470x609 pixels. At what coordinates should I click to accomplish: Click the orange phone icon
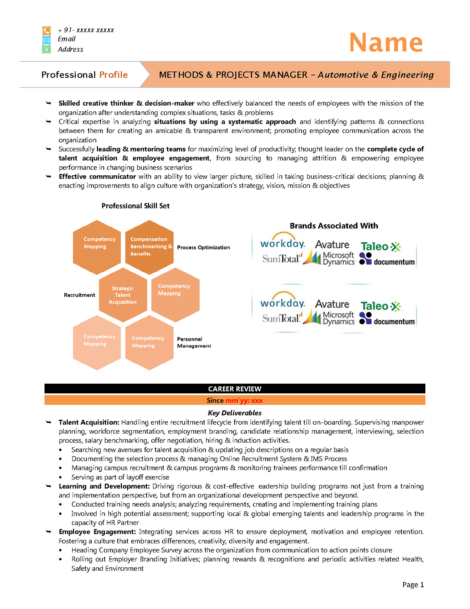point(46,30)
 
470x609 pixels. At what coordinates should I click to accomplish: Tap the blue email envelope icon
point(46,40)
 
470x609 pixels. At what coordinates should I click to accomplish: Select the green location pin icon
point(46,50)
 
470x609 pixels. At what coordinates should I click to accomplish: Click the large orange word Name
point(386,43)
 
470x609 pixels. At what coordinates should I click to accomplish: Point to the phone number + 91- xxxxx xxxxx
point(86,30)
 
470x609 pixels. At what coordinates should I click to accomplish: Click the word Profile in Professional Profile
point(113,75)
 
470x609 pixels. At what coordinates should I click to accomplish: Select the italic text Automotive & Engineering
point(376,75)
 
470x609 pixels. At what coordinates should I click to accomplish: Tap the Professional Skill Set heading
point(136,206)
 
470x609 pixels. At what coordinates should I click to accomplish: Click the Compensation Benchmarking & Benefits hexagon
point(149,247)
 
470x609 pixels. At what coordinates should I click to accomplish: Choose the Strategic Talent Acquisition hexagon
point(123,295)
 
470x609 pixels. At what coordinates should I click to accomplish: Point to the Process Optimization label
point(203,248)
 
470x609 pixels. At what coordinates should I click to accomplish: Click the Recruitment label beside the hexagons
point(79,295)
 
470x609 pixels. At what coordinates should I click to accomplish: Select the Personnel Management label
point(194,342)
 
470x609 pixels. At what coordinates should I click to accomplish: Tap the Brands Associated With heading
point(334,226)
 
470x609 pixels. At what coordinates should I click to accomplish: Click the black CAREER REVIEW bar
point(235,388)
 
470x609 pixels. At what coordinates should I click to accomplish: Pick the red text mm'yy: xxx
point(244,401)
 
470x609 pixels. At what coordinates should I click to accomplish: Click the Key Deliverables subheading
point(235,413)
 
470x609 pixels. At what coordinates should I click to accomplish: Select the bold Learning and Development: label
point(104,486)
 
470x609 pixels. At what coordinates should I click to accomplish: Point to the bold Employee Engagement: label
point(97,532)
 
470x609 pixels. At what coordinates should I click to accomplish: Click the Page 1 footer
point(413,585)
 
